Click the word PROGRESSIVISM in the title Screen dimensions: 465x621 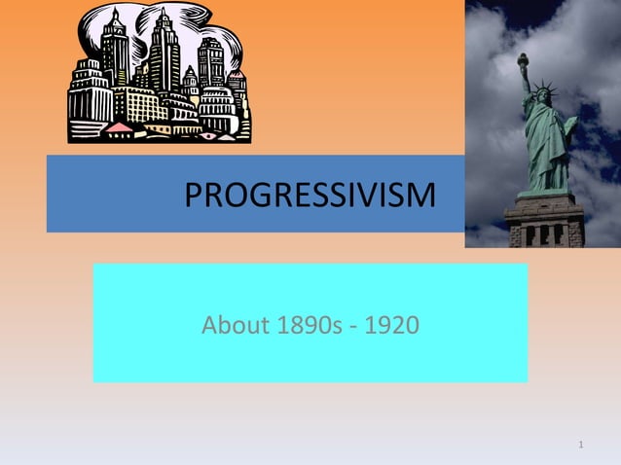pos(310,196)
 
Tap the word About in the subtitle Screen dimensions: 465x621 pos(232,324)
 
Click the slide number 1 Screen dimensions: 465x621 pos(581,446)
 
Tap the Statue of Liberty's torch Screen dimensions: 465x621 pos(523,60)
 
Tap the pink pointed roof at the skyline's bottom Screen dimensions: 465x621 pos(119,128)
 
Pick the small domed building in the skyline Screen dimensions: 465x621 pos(212,97)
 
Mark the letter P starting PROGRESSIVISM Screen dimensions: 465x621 pos(193,196)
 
